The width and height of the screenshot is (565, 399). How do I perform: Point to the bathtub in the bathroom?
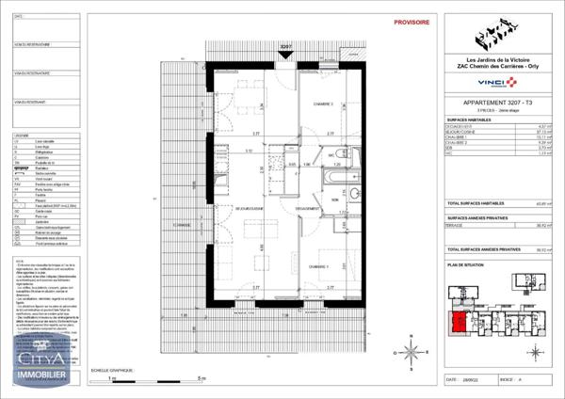(x=334, y=175)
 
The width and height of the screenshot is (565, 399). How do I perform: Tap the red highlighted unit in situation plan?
(x=458, y=326)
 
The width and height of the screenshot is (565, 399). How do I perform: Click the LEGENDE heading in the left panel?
(x=21, y=136)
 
